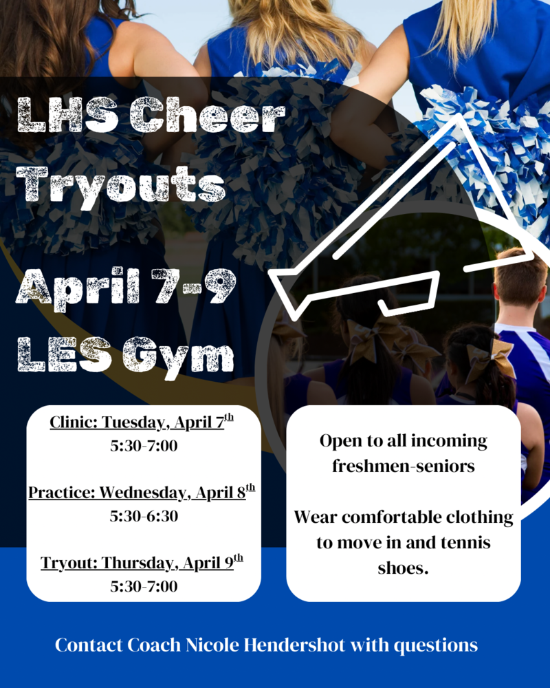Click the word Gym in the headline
click(177, 357)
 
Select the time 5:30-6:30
click(144, 516)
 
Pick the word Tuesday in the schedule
click(131, 422)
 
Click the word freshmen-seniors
click(404, 466)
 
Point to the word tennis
click(461, 543)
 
